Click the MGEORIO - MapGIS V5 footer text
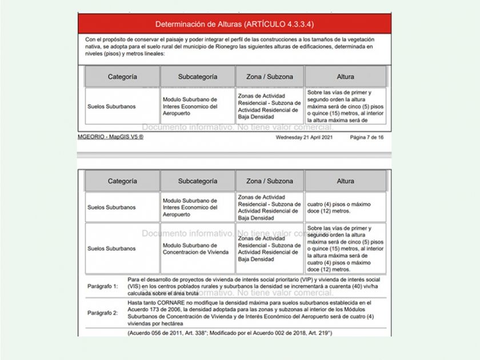click(x=110, y=138)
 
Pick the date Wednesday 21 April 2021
click(x=305, y=138)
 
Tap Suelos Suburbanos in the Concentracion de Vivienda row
click(x=112, y=249)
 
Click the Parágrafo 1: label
click(x=102, y=285)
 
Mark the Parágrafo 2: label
click(x=102, y=313)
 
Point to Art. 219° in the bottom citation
click(x=319, y=333)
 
